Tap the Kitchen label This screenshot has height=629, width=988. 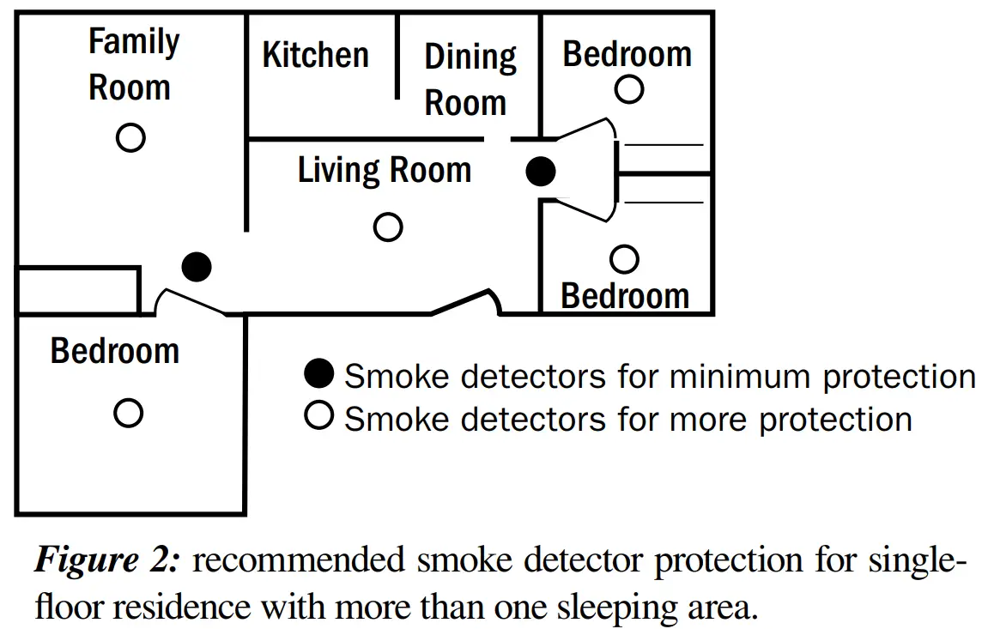(315, 56)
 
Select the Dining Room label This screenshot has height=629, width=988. (470, 80)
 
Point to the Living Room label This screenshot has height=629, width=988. (385, 170)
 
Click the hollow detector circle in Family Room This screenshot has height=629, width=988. (130, 137)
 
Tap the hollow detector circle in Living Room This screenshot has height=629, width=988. (388, 227)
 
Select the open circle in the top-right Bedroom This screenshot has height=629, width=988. (629, 88)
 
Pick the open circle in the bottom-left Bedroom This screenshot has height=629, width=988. (129, 414)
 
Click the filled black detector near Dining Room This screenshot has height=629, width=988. (540, 172)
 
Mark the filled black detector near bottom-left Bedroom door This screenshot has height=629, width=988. (197, 267)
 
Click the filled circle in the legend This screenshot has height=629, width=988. (319, 374)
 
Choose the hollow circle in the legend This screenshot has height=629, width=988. (319, 418)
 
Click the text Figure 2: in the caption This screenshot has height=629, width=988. (108, 562)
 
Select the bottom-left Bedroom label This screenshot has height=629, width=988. (115, 351)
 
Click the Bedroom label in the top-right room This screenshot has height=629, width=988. (627, 55)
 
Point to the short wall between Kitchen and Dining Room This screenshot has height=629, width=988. (397, 57)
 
